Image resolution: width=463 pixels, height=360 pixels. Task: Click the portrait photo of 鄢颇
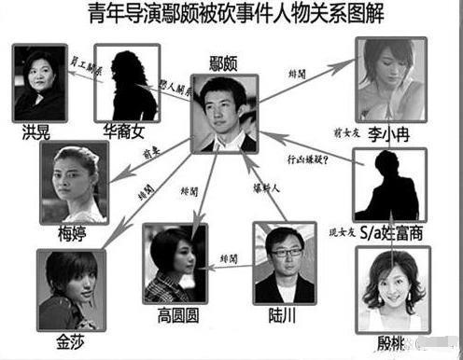click(x=223, y=114)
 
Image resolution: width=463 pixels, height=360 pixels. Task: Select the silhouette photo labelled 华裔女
click(x=128, y=85)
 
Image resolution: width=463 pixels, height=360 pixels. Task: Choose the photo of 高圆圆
click(x=175, y=262)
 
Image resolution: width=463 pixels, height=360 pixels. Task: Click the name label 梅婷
click(x=71, y=234)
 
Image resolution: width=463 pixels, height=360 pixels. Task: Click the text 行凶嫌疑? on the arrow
click(x=308, y=159)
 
